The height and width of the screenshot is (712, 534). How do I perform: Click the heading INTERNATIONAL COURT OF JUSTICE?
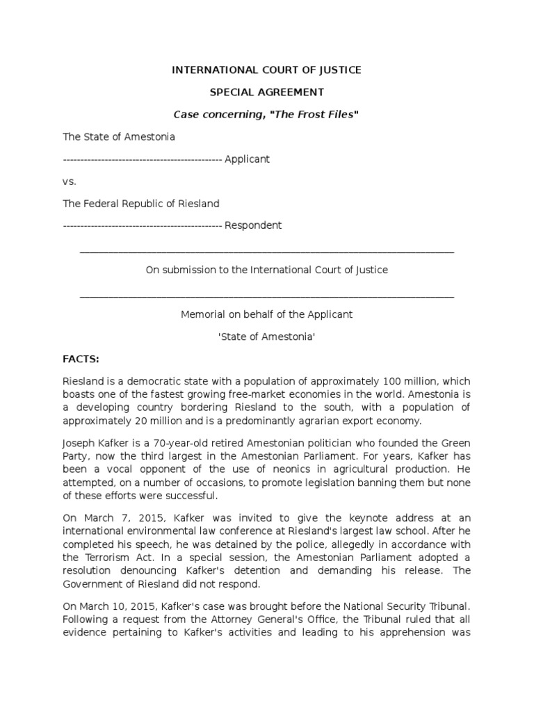coord(267,70)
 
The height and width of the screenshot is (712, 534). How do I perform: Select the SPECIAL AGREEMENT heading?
coord(267,92)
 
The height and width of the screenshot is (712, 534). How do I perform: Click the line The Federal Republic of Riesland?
coord(141,204)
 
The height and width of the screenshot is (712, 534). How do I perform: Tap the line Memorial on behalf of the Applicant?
coord(267,314)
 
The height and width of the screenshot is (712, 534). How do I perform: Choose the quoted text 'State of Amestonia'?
coord(267,337)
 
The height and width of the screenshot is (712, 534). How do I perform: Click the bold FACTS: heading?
coord(81,359)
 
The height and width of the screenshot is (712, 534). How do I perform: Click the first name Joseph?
coord(79,444)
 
